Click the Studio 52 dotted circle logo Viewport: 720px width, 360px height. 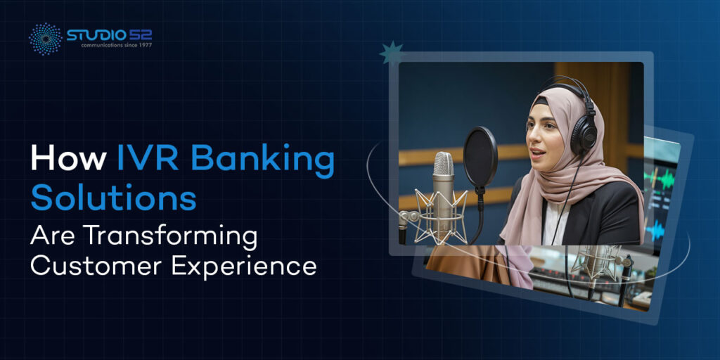[44, 39]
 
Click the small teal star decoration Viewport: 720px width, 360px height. [391, 53]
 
